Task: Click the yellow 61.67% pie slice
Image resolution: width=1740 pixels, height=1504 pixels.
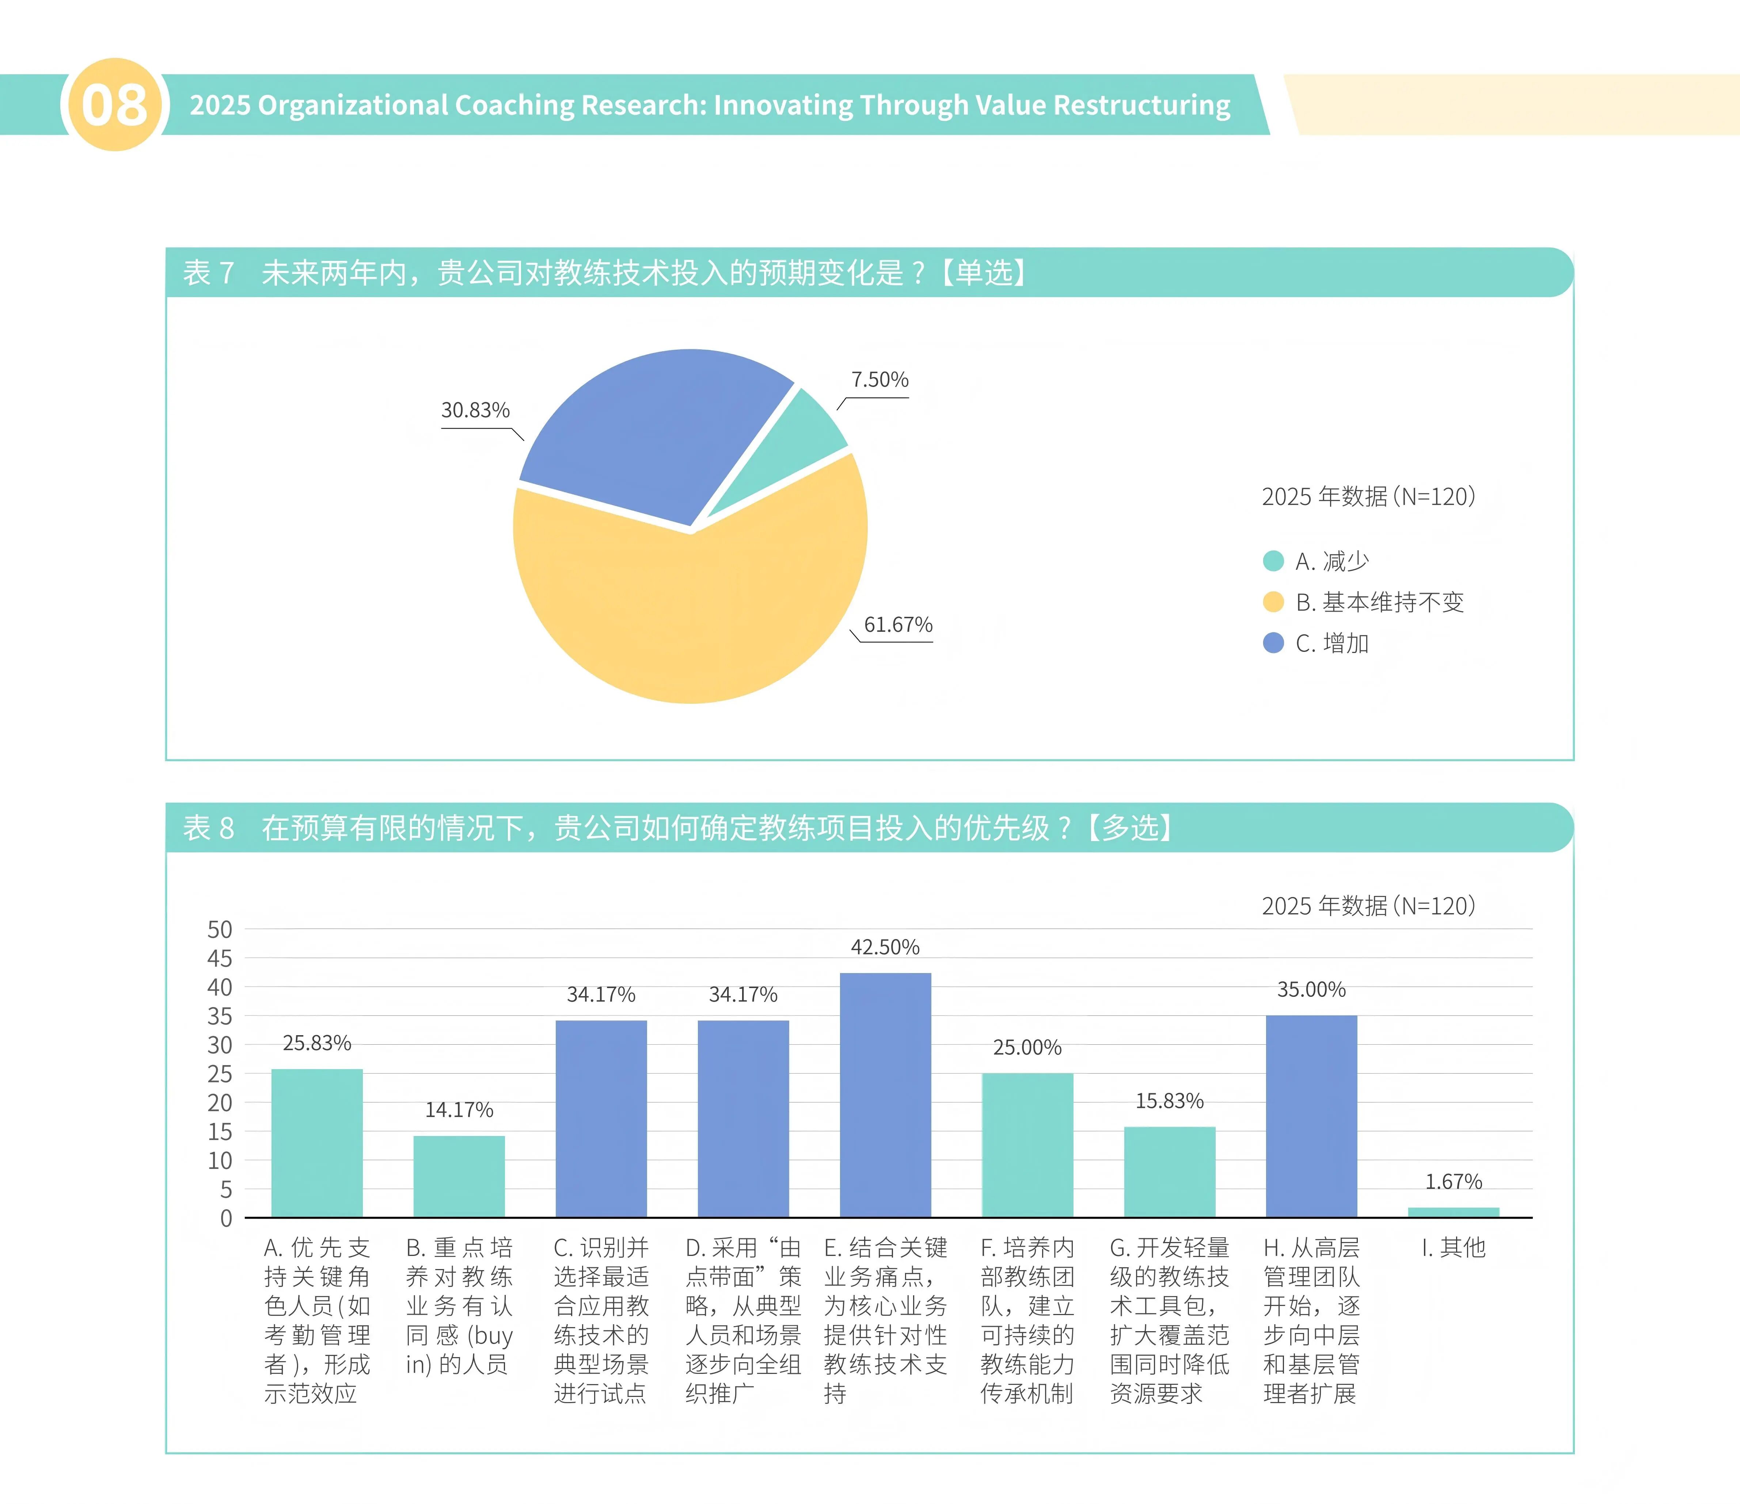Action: (689, 613)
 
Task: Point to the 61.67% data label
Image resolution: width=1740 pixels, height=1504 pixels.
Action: (898, 625)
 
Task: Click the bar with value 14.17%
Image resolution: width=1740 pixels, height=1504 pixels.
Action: (459, 1176)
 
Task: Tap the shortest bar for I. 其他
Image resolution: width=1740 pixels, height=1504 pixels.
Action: (1453, 1212)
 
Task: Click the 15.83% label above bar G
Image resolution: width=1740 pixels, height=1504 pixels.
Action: (1169, 1101)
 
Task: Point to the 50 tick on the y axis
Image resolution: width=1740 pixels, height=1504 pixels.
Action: (220, 930)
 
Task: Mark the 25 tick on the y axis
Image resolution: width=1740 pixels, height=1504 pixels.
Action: (220, 1074)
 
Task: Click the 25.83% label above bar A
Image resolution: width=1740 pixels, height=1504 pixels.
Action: (316, 1043)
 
